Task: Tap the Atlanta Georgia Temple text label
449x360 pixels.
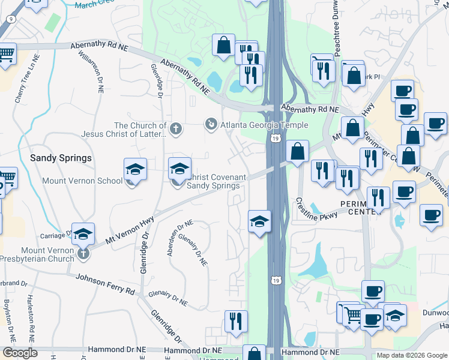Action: coord(264,125)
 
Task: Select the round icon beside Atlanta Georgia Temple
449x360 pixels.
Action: coord(211,124)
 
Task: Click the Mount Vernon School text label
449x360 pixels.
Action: coord(82,180)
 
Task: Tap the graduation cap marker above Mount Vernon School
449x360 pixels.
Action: coord(136,170)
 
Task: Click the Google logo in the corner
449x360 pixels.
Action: coord(20,353)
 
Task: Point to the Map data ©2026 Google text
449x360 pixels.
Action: coord(412,355)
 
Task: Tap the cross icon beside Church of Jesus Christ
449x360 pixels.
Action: coord(175,128)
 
